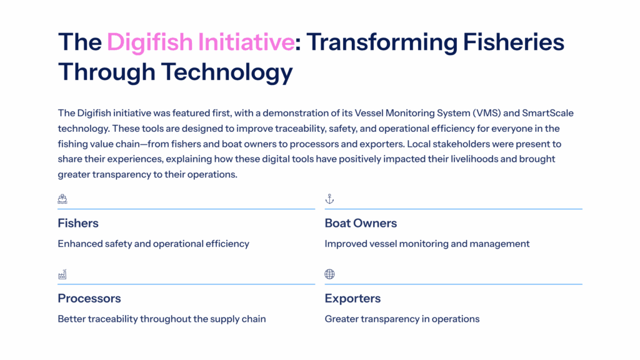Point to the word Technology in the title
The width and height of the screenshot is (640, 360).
point(227,72)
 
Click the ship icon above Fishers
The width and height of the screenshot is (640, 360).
point(62,199)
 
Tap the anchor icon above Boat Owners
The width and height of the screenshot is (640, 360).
point(329,199)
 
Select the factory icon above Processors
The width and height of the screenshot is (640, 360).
point(62,274)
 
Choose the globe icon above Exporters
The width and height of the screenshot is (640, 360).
point(329,274)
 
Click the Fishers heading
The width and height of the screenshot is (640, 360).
point(78,223)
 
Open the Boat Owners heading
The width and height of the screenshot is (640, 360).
point(361,223)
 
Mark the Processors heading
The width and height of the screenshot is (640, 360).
point(89,298)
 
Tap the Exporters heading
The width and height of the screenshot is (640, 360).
point(352,298)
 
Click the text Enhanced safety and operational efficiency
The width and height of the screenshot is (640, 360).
point(153,244)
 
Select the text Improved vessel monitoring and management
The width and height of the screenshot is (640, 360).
point(427,244)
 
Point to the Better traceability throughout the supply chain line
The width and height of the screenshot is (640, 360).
point(162,319)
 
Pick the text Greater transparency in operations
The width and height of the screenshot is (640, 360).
point(402,319)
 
